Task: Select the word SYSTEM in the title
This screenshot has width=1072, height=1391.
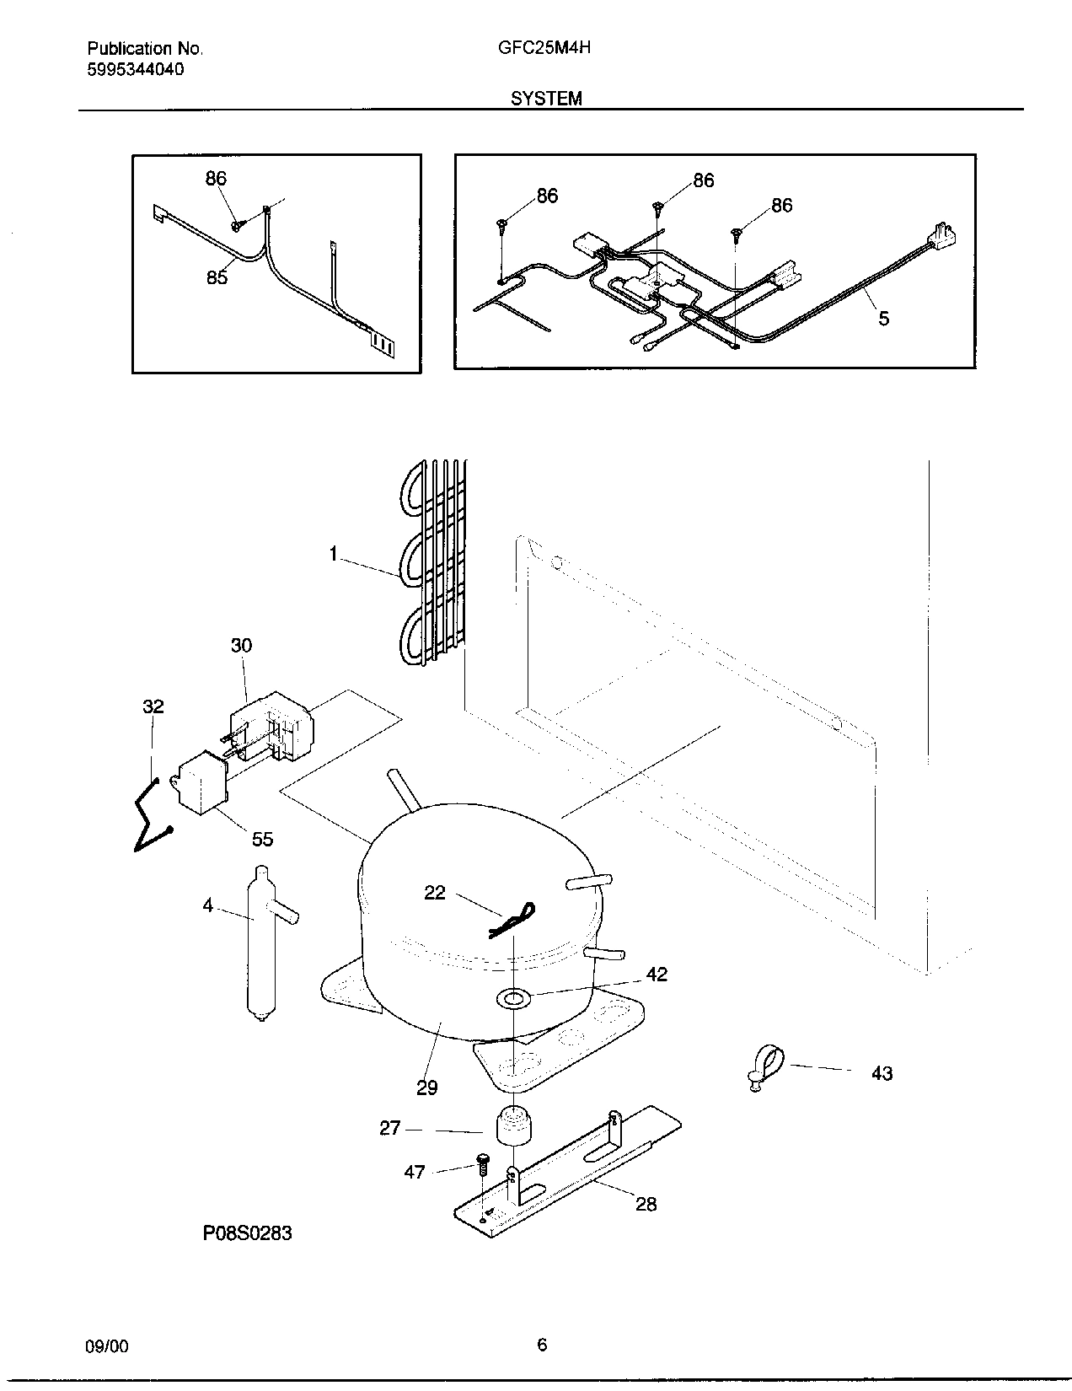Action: pyautogui.click(x=545, y=99)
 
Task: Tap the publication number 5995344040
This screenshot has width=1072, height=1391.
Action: pyautogui.click(x=136, y=70)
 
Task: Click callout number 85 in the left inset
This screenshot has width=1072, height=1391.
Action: pyautogui.click(x=217, y=277)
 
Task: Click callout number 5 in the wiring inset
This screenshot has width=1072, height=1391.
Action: pyautogui.click(x=883, y=319)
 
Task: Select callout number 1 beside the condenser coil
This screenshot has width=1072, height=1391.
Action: pyautogui.click(x=334, y=554)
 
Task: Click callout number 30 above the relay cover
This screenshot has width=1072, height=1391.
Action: pyautogui.click(x=241, y=646)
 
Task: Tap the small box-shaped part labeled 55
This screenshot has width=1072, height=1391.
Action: pyautogui.click(x=202, y=783)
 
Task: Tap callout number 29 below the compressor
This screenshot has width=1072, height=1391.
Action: pyautogui.click(x=427, y=1088)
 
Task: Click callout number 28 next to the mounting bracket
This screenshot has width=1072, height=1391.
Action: pyautogui.click(x=646, y=1204)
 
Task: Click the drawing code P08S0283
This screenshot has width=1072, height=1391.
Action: pyautogui.click(x=247, y=1233)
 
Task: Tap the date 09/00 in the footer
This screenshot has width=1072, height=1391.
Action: pyautogui.click(x=107, y=1346)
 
